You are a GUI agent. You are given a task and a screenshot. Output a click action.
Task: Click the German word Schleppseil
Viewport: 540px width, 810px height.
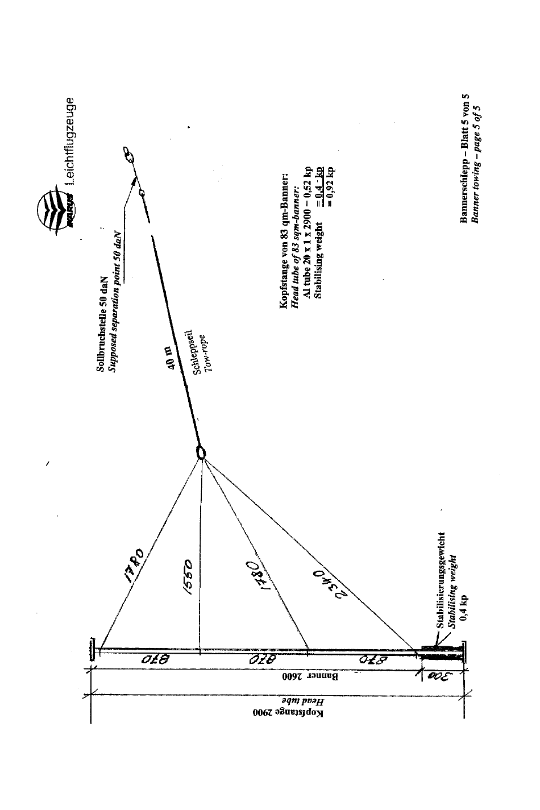(x=191, y=352)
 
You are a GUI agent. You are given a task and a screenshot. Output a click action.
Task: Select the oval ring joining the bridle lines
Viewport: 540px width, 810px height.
(x=201, y=452)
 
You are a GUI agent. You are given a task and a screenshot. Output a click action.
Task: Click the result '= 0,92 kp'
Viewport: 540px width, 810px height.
(x=331, y=185)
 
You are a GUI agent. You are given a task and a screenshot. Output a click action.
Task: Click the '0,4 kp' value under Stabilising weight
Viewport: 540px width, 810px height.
(x=463, y=608)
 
